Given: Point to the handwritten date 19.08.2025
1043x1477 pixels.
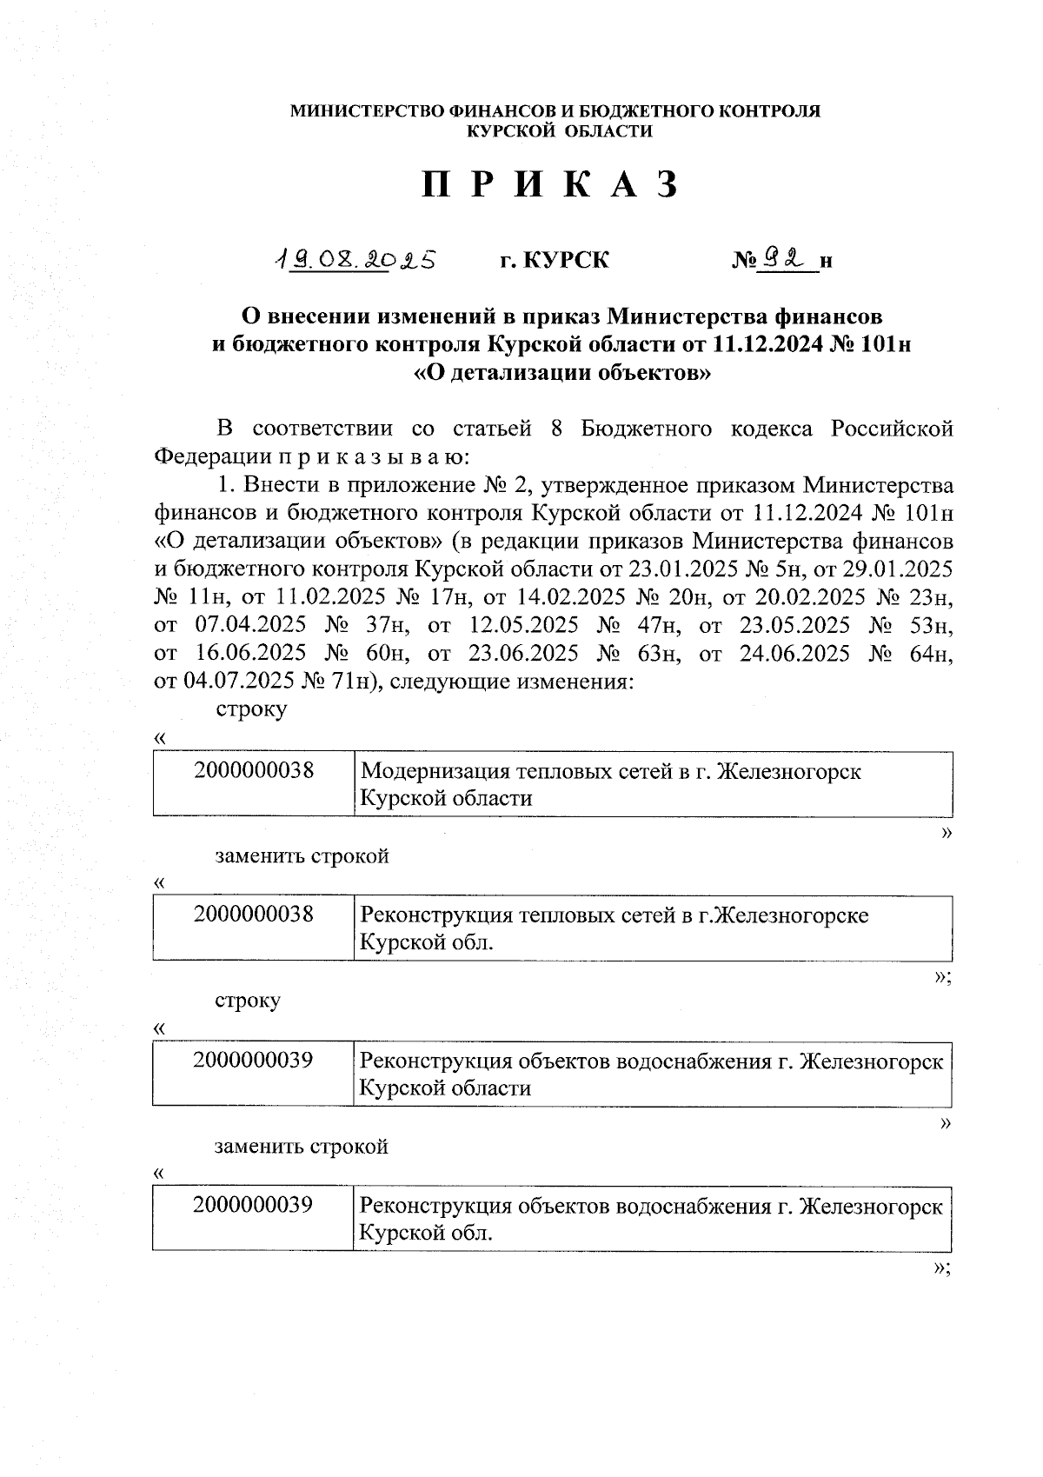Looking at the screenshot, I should click(354, 259).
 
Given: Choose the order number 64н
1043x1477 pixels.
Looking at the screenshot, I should click(931, 653).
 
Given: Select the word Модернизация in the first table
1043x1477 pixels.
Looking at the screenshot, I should click(435, 771).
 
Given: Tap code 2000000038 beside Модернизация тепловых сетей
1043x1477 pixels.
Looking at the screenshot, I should click(254, 769).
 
